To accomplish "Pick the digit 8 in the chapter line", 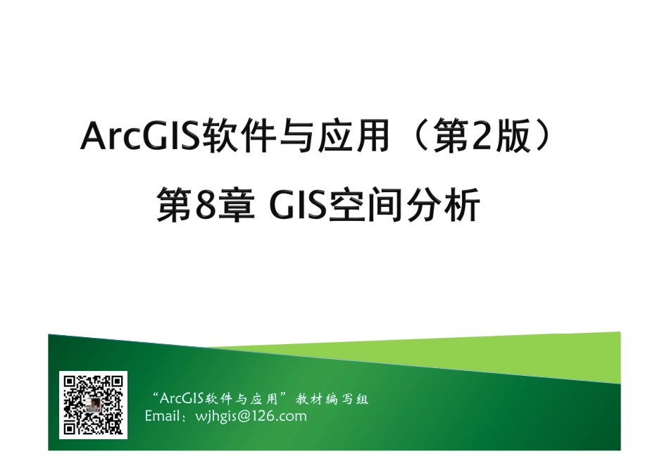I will pos(205,207).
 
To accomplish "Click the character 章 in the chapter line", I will pos(238,207).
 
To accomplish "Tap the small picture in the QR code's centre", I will pos(92,407).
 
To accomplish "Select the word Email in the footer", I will pos(161,416).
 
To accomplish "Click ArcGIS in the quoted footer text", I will pos(182,399).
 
